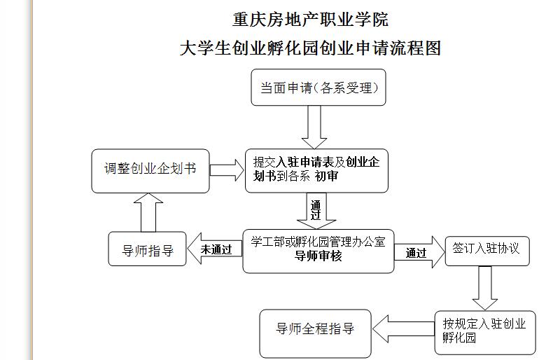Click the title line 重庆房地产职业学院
(x=310, y=19)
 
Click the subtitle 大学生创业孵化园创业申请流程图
(x=310, y=48)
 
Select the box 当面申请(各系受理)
(x=318, y=88)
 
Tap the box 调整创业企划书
(x=150, y=169)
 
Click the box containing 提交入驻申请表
(x=316, y=169)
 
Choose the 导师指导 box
(x=148, y=249)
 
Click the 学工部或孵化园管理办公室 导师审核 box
(x=318, y=250)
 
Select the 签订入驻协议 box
(x=486, y=249)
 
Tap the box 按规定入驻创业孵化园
(x=484, y=331)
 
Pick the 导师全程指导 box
(x=314, y=328)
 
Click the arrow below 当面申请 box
(x=313, y=127)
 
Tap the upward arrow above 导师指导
(x=147, y=213)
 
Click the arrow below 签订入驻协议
(x=484, y=287)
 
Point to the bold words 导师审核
(x=318, y=256)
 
